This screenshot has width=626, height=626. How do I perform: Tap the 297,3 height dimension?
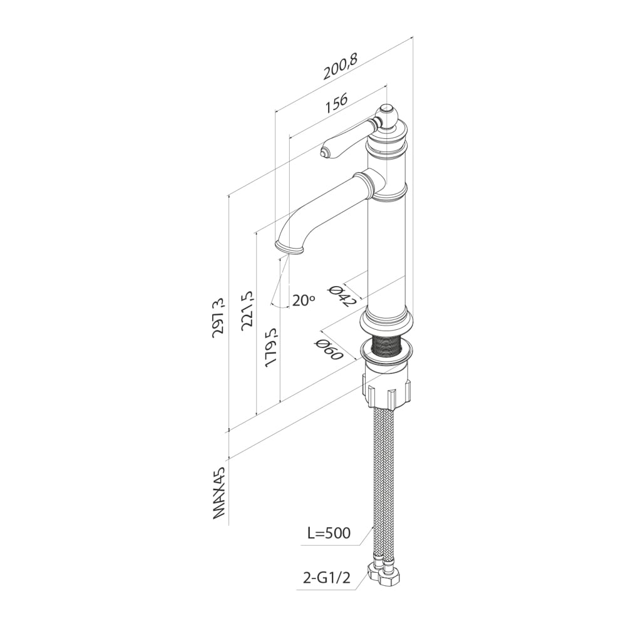tap(219, 318)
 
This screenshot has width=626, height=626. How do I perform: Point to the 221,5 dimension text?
tap(248, 310)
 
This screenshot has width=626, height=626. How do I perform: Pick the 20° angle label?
tap(304, 300)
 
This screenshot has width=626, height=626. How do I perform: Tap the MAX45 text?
tap(219, 493)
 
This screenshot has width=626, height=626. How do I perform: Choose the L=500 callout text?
tap(329, 533)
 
